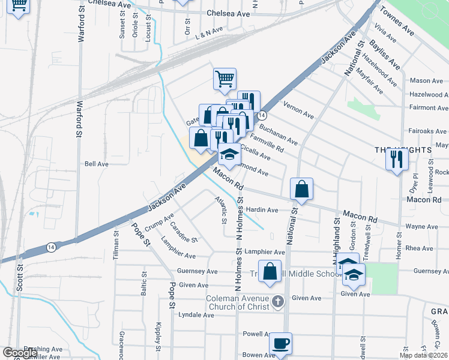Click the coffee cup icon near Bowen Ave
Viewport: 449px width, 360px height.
click(x=280, y=344)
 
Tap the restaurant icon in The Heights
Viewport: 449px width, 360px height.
click(x=397, y=160)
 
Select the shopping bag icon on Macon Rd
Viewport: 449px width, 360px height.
click(x=301, y=190)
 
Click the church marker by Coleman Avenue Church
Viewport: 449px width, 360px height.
click(x=277, y=301)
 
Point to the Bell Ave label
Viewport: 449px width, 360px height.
click(x=97, y=163)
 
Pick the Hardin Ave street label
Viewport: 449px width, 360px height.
click(x=262, y=210)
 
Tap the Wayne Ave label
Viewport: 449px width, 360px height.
click(x=421, y=226)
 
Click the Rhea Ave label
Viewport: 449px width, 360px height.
click(x=419, y=248)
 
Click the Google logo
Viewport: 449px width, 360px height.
click(x=20, y=353)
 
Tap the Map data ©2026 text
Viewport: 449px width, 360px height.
click(x=423, y=355)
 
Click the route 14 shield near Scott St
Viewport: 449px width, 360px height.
click(x=52, y=247)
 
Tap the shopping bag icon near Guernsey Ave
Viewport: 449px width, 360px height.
click(x=270, y=271)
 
